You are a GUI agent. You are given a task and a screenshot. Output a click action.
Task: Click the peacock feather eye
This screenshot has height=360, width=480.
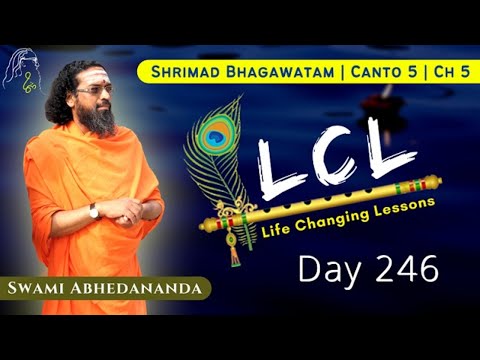(214, 136)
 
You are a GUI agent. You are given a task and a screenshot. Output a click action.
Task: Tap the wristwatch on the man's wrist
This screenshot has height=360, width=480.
(93, 210)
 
